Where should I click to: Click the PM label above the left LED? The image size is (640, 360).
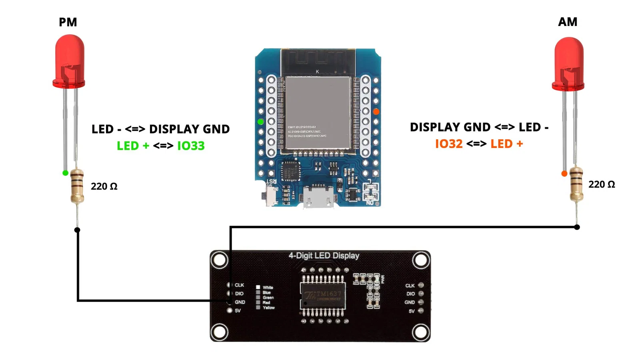68,22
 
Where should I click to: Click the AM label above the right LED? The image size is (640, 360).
568,22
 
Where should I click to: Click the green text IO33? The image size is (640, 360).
191,146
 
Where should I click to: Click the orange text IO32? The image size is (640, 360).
449,144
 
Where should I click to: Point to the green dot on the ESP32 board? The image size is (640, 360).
261,122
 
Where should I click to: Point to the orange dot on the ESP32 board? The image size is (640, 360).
376,112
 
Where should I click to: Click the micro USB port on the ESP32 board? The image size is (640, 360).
318,198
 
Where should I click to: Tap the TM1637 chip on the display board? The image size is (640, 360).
323,296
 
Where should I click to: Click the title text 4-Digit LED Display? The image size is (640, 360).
324,256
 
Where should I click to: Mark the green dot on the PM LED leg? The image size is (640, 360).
65,173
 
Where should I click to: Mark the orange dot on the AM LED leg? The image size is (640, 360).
564,174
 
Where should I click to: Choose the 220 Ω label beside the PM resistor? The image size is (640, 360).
104,186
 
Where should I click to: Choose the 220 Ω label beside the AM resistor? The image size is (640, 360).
602,184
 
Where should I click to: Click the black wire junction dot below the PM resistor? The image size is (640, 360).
77,230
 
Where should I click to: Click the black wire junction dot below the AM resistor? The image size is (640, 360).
577,227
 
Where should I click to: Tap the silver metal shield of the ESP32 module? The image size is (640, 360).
318,114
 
